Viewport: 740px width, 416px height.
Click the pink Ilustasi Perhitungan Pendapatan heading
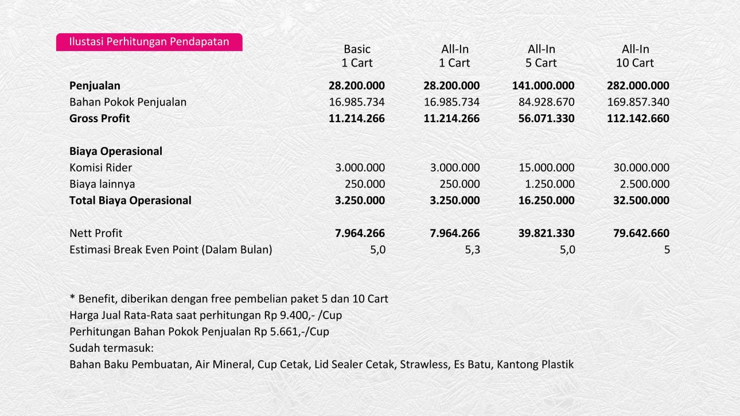pos(149,42)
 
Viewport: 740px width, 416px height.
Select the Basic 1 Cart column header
pos(357,56)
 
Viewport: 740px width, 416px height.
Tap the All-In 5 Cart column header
pos(542,56)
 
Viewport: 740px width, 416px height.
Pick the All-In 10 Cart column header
pos(635,56)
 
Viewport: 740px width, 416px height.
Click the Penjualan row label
pos(95,86)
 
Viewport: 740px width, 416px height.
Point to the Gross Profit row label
pos(99,118)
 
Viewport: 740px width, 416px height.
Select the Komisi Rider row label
pos(100,168)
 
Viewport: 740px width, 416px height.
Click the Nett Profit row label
pos(96,234)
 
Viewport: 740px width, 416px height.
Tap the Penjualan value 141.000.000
pos(543,86)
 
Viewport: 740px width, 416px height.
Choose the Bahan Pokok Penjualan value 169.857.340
pos(637,102)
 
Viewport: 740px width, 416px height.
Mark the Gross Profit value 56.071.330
pos(543,118)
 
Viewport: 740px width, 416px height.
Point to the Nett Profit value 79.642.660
pos(638,234)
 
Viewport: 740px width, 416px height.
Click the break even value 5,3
pos(472,250)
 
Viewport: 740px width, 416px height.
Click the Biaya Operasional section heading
pos(116,151)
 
